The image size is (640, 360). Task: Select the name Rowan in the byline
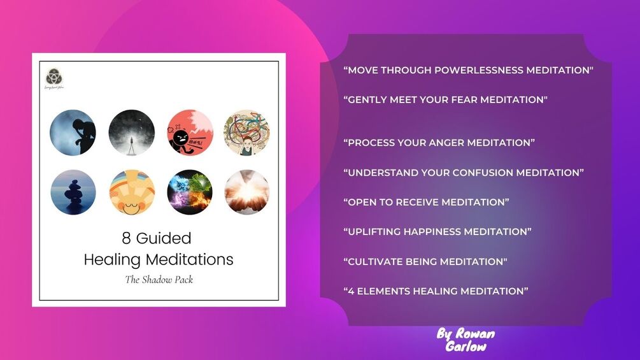click(x=475, y=334)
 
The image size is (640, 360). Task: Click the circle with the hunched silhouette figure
click(x=73, y=133)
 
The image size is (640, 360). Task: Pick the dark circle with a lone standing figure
click(x=131, y=133)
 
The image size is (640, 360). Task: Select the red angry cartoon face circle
click(x=190, y=133)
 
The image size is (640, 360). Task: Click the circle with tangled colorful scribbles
click(x=246, y=133)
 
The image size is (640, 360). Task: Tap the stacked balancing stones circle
click(x=73, y=192)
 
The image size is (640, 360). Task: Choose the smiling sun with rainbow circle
click(x=131, y=192)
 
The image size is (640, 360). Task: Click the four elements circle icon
click(x=190, y=192)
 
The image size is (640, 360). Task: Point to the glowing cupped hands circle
click(x=246, y=192)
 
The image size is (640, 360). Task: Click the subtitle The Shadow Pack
click(x=159, y=279)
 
